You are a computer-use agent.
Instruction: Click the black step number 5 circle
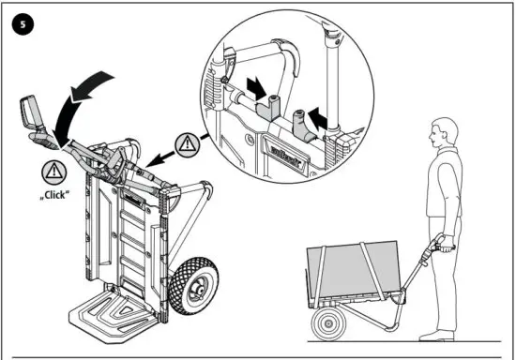pyautogui.click(x=18, y=23)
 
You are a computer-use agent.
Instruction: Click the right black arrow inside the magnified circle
pyautogui.click(x=320, y=120)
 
